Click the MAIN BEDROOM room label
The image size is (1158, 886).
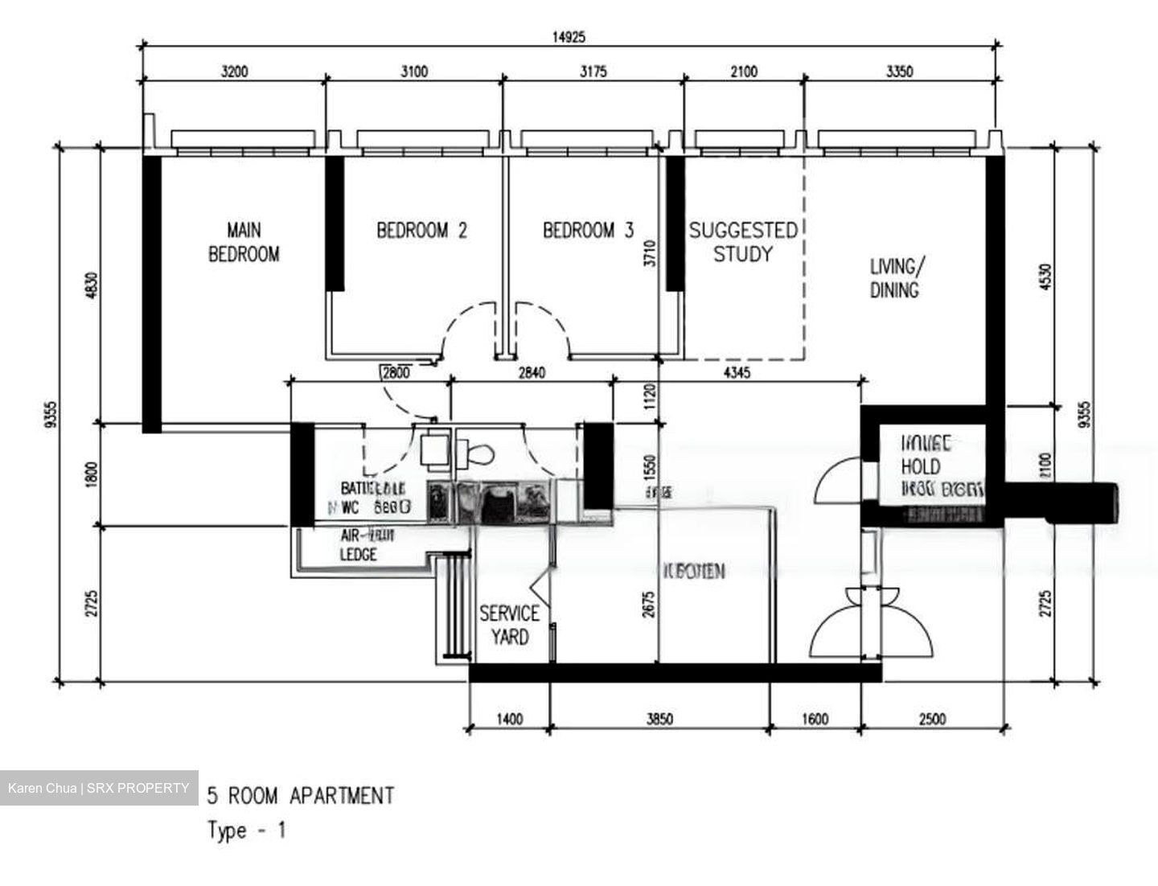tap(244, 243)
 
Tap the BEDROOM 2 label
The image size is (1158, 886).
tap(421, 232)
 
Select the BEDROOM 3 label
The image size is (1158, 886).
tap(588, 232)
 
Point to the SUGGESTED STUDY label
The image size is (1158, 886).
tap(742, 243)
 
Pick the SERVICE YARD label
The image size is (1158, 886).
tap(509, 626)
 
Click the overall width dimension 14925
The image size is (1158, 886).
tap(568, 36)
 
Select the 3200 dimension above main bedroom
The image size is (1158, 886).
tap(234, 72)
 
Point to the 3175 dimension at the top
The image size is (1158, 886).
tap(593, 72)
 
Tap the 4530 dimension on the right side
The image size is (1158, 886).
tap(1045, 277)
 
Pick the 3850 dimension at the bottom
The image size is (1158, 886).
tap(659, 719)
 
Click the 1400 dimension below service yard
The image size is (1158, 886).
tap(509, 719)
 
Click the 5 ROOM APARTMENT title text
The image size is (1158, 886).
tap(301, 796)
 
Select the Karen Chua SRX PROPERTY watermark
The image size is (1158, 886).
tap(98, 788)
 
